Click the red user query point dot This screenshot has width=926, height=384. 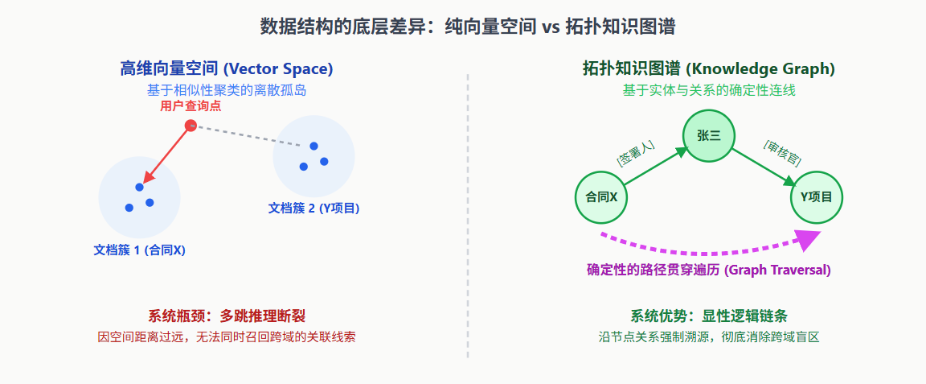click(x=191, y=126)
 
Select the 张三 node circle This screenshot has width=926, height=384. click(x=709, y=135)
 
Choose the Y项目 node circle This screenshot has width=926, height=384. click(x=817, y=196)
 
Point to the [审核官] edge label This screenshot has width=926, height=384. click(x=781, y=152)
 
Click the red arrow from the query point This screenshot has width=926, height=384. click(x=166, y=155)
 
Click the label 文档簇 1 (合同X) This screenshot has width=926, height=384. click(x=140, y=250)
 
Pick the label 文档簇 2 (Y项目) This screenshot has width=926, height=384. click(x=313, y=208)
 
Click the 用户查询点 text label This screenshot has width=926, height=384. click(x=191, y=106)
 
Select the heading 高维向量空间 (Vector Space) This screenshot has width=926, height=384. click(x=227, y=69)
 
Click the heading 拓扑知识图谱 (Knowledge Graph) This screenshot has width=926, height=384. click(x=709, y=69)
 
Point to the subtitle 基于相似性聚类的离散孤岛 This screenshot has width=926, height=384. click(x=227, y=90)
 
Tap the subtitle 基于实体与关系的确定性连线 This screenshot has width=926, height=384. click(x=709, y=90)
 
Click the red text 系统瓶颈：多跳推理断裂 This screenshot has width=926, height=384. click(x=227, y=316)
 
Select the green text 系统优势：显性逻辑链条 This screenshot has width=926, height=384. click(x=709, y=316)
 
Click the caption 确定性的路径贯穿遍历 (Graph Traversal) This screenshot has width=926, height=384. click(x=709, y=270)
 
